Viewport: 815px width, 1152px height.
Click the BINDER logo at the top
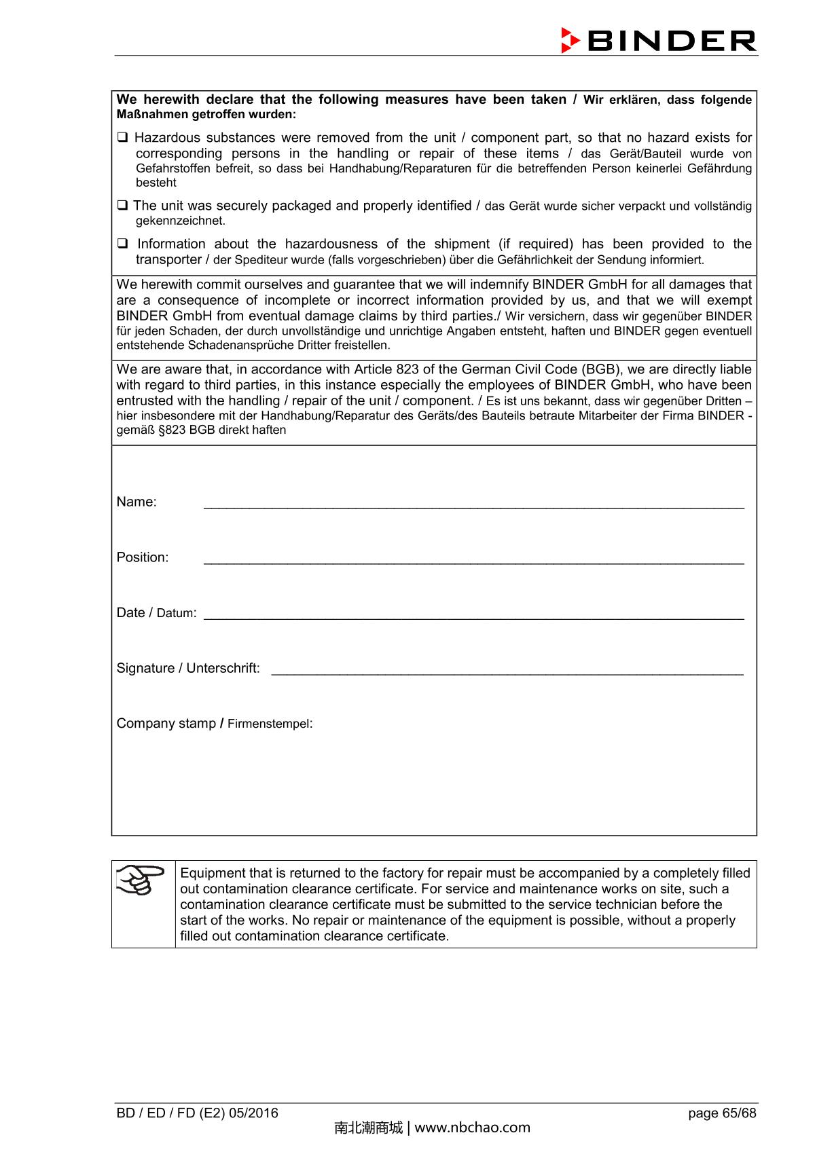click(658, 41)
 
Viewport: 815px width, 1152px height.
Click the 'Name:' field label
click(137, 502)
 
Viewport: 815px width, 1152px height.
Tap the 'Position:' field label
click(143, 557)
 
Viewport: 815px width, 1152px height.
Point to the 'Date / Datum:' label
click(156, 613)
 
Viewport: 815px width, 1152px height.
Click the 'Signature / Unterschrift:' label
click(188, 669)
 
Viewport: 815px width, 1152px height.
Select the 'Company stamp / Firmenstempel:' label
click(215, 724)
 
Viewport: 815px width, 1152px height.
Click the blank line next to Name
click(473, 504)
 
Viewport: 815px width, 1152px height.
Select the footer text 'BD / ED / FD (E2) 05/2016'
click(198, 1113)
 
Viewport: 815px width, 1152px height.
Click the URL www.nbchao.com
click(472, 1128)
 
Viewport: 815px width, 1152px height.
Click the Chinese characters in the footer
click(368, 1128)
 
